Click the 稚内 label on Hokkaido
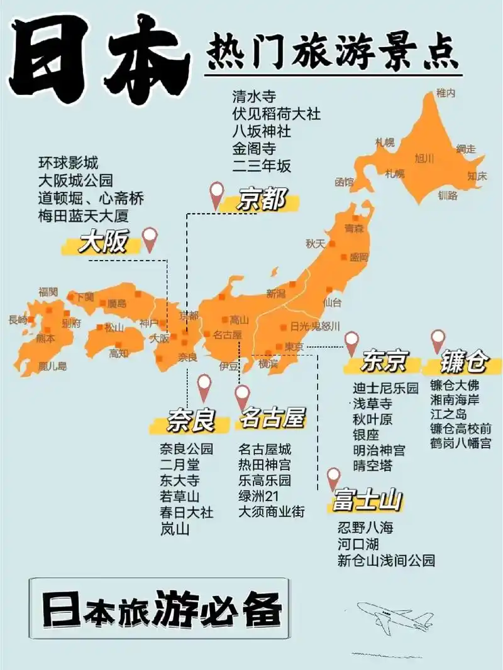445,93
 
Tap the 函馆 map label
344,182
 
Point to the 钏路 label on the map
448,195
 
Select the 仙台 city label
332,302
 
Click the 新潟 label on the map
276,293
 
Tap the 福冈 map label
48,291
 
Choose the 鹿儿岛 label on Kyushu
52,365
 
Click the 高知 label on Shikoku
118,353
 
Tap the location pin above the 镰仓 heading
438,341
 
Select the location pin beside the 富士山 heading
333,478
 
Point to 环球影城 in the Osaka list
68,163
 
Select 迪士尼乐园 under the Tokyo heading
385,389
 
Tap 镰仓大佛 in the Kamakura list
454,385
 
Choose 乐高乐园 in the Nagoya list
265,481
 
